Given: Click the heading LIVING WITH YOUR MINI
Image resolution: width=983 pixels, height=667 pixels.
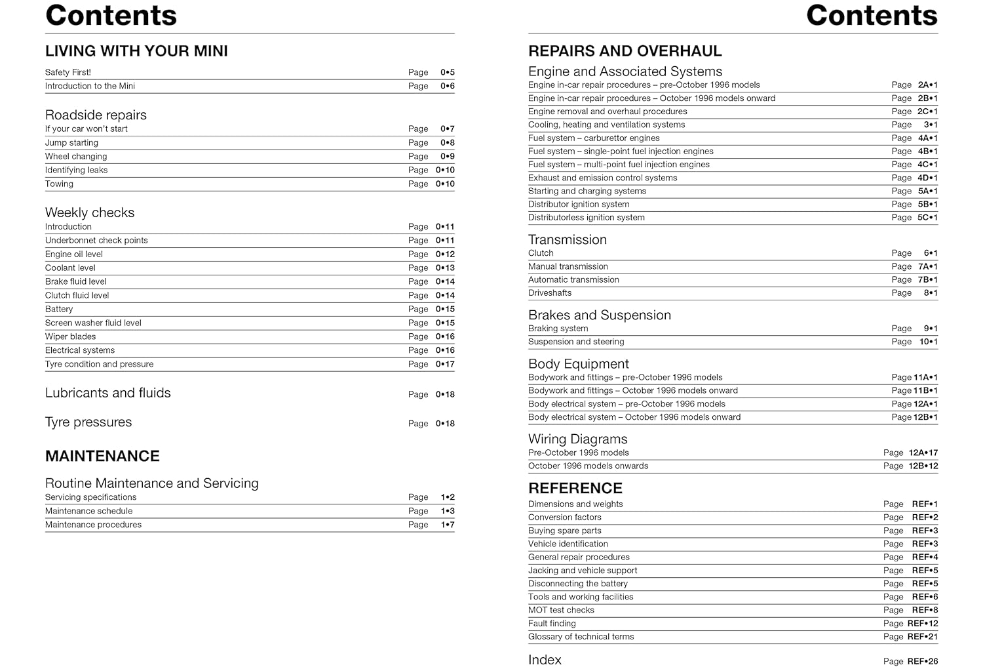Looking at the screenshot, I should coord(136,51).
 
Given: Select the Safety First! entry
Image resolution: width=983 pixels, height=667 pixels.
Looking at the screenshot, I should coord(68,72).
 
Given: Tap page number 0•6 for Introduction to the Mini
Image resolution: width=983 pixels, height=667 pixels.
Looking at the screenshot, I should coord(448,86).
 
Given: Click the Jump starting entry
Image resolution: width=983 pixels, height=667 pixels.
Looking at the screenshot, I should coord(71,142).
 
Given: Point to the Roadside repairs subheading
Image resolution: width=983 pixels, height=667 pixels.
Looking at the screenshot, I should coord(96,115).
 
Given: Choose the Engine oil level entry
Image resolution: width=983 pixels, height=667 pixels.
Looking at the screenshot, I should coord(74,254).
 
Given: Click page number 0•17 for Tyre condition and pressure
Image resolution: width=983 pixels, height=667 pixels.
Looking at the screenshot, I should coord(445,364).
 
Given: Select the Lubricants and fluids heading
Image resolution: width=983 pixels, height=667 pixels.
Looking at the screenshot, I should coord(108,393).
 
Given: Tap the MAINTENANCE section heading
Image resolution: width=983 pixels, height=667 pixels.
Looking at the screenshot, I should coord(102,456).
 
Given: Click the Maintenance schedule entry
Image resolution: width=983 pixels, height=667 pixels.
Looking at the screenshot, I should coord(88,511).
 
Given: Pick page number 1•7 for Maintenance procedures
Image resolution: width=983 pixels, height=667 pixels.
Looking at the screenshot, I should coord(448,525).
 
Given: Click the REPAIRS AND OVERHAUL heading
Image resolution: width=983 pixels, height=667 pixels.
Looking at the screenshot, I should coord(625,51).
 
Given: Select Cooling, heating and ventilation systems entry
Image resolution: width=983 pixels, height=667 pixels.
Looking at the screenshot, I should coord(606,125).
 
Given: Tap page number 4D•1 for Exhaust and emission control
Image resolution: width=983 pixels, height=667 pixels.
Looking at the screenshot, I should coord(927,178).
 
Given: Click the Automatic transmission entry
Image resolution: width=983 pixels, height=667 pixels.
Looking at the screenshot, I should coord(573,279).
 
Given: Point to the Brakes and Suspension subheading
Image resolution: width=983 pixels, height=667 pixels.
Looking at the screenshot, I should coord(600,315).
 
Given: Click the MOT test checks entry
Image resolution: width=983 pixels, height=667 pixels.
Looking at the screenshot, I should coord(561,610).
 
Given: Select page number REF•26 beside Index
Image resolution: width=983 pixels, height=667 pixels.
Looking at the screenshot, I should coord(923,661).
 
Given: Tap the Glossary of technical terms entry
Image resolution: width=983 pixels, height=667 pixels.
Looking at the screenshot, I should coord(581,636).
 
